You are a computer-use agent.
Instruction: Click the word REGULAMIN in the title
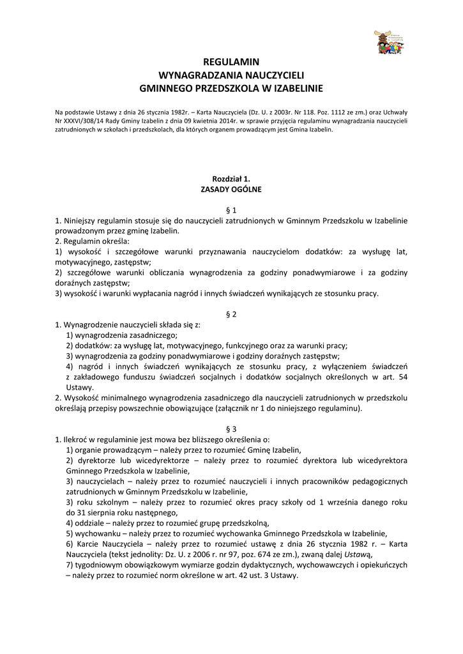tap(231, 62)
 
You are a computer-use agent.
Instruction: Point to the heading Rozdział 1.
tap(231, 179)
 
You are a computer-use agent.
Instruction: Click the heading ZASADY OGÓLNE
tap(231, 190)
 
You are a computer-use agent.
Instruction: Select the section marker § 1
tap(231, 209)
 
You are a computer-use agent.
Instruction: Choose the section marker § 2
tap(231, 314)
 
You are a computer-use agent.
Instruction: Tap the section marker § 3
tap(231, 429)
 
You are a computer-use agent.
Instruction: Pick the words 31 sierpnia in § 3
tap(95, 512)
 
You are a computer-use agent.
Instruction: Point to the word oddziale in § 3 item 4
tap(90, 522)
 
